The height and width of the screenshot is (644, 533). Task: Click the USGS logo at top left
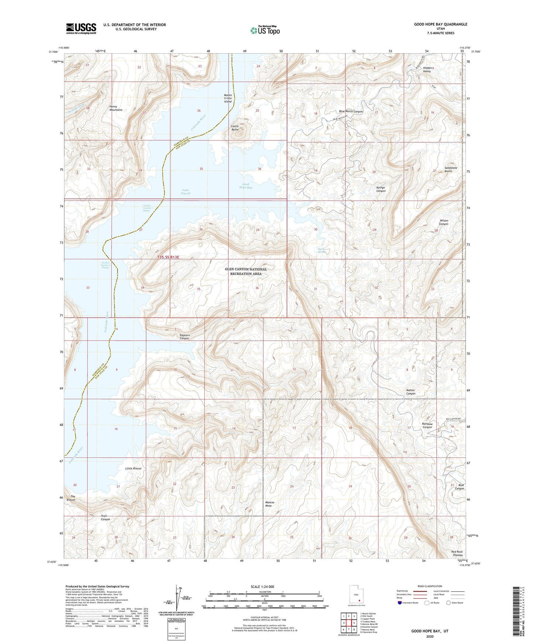[x=81, y=28]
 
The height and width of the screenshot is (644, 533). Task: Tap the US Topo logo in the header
[x=265, y=30]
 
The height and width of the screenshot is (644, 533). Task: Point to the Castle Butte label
[x=235, y=128]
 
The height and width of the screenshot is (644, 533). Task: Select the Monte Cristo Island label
[x=228, y=98]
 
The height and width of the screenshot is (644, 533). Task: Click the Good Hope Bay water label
[x=246, y=186]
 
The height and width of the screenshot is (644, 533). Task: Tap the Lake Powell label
[x=186, y=192]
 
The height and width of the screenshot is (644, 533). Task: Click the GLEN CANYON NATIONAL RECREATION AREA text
[x=246, y=271]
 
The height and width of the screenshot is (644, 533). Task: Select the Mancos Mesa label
[x=268, y=504]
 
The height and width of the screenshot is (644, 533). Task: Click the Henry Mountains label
[x=115, y=108]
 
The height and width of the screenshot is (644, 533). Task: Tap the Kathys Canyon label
[x=381, y=189]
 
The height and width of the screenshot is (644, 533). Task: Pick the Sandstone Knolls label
[x=450, y=169]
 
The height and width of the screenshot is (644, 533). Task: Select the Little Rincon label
[x=133, y=468]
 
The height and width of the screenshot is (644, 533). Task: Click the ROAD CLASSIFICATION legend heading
[x=430, y=586]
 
